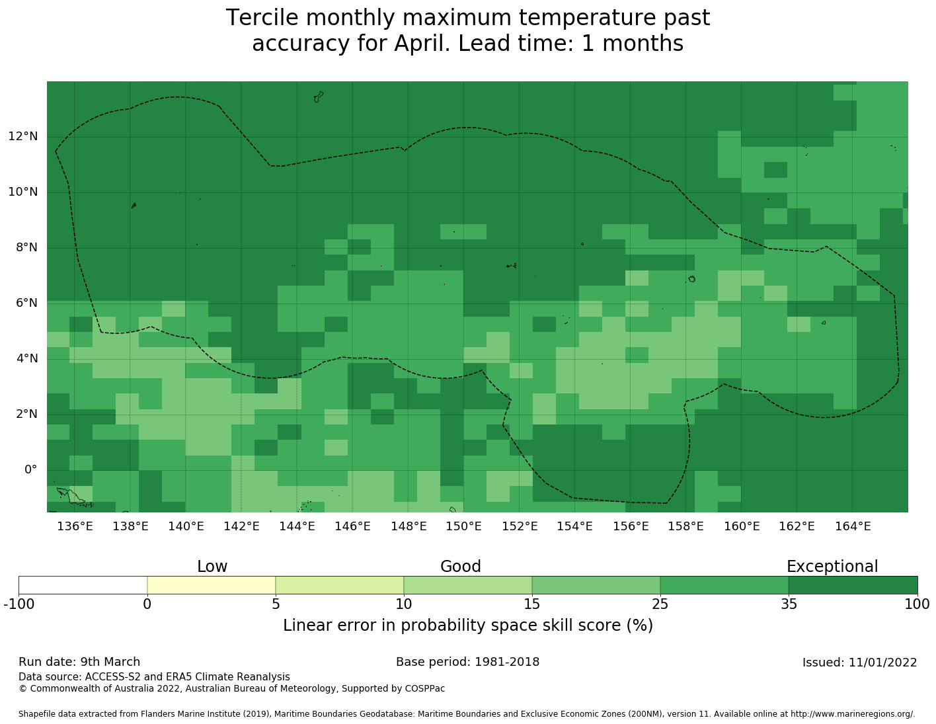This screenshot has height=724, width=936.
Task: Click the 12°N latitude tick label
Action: pyautogui.click(x=22, y=137)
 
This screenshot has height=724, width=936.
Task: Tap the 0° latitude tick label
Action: pyautogui.click(x=30, y=470)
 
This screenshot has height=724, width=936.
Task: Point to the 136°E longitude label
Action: pyautogui.click(x=75, y=526)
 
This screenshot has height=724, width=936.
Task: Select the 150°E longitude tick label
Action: pyautogui.click(x=463, y=526)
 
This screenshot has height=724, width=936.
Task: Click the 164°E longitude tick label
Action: pyautogui.click(x=853, y=526)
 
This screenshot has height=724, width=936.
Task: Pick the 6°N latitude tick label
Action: pyautogui.click(x=22, y=303)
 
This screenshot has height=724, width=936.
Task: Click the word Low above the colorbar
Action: pyautogui.click(x=212, y=567)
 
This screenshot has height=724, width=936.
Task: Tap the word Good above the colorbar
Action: pyautogui.click(x=461, y=567)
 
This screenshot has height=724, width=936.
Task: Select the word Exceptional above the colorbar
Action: pyautogui.click(x=832, y=567)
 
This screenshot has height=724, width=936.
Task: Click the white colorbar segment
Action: pyautogui.click(x=83, y=585)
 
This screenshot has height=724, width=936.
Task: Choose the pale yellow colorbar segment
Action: pyautogui.click(x=211, y=585)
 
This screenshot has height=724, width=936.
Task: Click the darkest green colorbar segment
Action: pyautogui.click(x=853, y=585)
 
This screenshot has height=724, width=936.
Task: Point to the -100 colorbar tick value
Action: pyautogui.click(x=19, y=604)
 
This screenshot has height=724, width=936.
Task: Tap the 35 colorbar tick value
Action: pyautogui.click(x=789, y=604)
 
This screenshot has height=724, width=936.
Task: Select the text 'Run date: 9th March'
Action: pyautogui.click(x=79, y=662)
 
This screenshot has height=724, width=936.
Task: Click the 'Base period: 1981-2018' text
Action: pyautogui.click(x=467, y=662)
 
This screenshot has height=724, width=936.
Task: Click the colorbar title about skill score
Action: pyautogui.click(x=467, y=625)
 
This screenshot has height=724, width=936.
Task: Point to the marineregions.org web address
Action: pyautogui.click(x=852, y=714)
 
